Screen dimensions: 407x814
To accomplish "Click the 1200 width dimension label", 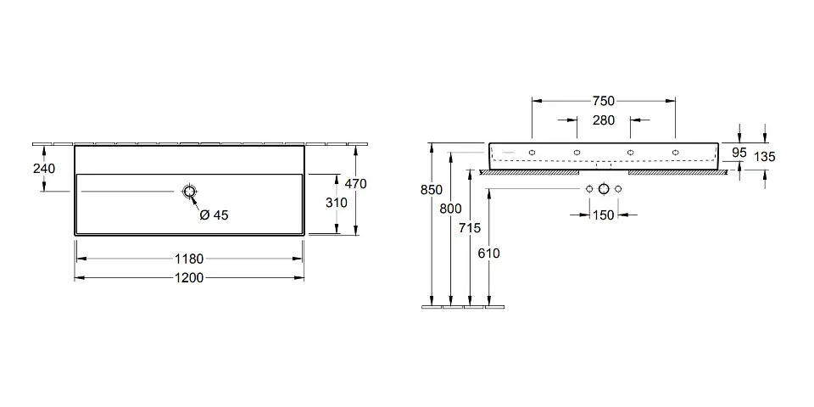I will click(191, 277).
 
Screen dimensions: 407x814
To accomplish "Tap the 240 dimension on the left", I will click(44, 169).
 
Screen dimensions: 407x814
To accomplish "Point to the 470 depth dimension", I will click(355, 184).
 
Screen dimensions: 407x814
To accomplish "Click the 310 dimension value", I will click(337, 203).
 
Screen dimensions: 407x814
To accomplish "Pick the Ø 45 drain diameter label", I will click(214, 215).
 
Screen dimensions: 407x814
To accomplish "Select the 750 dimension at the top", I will click(603, 101).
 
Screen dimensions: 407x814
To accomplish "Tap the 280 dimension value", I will click(603, 121).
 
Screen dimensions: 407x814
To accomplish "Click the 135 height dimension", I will click(764, 156).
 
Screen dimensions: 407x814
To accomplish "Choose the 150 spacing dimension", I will click(603, 215).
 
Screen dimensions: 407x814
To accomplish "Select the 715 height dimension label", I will click(471, 227).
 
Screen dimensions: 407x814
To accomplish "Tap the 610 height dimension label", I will click(489, 254).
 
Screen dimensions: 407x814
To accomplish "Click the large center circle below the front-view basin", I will click(604, 187).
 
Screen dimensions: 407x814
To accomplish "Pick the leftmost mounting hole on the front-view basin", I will click(532, 153).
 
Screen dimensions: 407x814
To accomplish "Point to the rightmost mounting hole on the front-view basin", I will click(676, 153).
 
